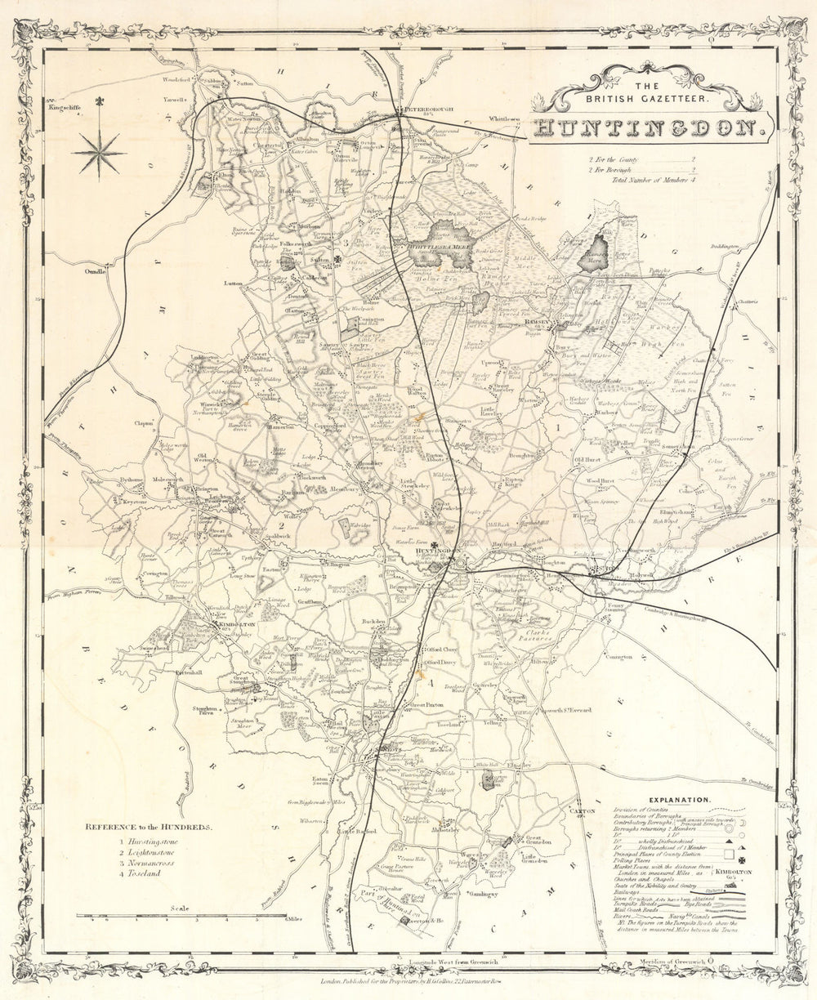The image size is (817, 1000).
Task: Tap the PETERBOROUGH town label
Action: [424, 109]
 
